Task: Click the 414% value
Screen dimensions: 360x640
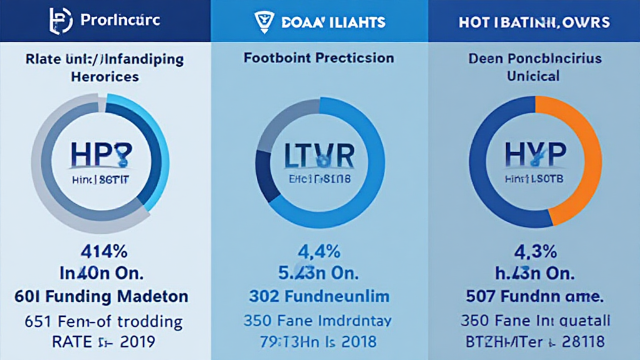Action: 106,252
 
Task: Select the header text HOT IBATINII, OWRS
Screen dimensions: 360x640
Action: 534,21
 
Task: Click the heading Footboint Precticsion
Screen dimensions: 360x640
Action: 319,58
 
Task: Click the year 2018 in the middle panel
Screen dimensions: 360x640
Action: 355,341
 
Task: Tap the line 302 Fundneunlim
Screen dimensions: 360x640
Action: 319,296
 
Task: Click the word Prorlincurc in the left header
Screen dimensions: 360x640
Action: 120,21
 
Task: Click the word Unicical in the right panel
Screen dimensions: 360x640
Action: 533,76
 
